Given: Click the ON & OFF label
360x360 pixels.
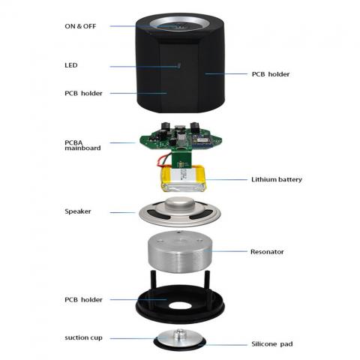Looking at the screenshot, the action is point(80,26).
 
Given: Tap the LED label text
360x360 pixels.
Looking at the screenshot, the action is point(71,65).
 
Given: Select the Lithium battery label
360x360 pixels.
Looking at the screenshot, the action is point(277,179).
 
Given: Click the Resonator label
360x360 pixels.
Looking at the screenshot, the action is point(267,252).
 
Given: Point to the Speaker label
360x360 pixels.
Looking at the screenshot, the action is point(78,211).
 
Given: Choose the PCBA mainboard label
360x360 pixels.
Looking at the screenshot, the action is point(82,145).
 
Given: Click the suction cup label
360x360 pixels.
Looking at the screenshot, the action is point(83,337).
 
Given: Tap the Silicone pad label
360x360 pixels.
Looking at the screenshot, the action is point(272,344).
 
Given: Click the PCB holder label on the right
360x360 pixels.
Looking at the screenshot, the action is point(271,74).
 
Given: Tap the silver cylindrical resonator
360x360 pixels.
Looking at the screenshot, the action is point(180,251).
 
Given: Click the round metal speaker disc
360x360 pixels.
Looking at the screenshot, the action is point(180,212).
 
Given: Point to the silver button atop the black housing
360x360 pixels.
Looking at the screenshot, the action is point(178,25).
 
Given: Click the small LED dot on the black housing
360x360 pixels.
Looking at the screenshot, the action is point(178,66).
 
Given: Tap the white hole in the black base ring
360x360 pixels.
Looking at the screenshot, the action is point(180,305).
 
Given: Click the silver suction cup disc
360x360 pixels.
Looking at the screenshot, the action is point(179,337).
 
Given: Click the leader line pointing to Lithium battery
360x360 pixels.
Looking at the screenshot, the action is point(226,179).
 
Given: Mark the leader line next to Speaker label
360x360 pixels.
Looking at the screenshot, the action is point(122,213).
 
